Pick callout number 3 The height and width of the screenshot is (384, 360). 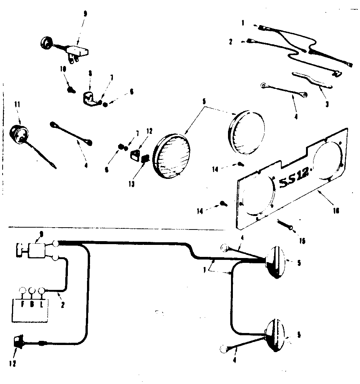click(x=327, y=104)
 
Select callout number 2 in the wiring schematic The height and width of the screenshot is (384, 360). click(x=63, y=305)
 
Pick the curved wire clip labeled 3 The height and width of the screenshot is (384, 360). click(x=311, y=80)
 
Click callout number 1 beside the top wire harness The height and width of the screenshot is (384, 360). click(x=243, y=23)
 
